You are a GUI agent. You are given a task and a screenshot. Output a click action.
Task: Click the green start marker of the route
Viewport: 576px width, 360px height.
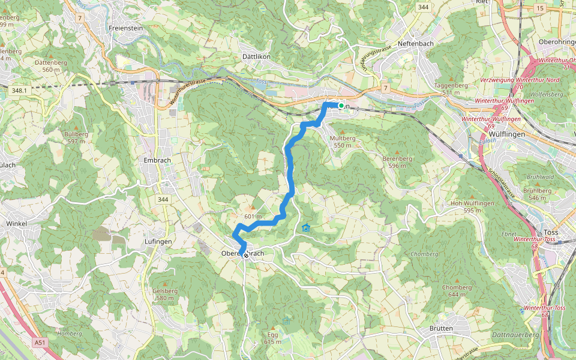click(341, 106)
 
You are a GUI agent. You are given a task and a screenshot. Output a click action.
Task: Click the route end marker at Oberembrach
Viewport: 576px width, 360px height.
click(245, 255)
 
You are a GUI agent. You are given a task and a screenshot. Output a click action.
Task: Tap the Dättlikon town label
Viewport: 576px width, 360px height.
click(256, 56)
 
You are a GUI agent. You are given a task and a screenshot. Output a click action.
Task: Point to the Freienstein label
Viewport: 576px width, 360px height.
click(125, 28)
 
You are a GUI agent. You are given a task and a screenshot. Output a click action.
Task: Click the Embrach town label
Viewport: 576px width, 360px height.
click(158, 160)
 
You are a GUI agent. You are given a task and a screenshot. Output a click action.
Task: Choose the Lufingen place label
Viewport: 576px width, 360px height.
click(158, 241)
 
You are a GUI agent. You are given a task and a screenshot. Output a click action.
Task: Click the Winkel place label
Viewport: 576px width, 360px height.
click(17, 223)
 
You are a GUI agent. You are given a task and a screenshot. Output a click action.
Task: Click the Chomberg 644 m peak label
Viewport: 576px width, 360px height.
click(456, 290)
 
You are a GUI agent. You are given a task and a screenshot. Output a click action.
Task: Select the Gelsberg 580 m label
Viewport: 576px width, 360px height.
click(165, 294)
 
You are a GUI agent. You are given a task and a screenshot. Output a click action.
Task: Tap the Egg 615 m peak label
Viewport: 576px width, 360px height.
click(272, 338)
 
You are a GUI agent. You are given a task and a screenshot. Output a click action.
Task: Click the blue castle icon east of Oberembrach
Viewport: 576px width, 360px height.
click(307, 227)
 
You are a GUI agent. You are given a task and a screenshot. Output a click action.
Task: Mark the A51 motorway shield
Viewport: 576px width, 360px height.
click(40, 343)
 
